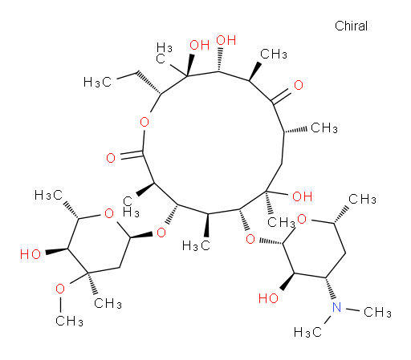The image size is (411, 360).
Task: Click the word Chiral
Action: click(351, 26)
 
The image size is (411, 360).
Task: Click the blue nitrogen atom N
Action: click(336, 307)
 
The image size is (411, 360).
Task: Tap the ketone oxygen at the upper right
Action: click(299, 85)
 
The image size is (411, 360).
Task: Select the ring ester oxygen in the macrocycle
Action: click(144, 123)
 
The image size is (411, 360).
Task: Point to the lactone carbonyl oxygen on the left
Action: click(111, 158)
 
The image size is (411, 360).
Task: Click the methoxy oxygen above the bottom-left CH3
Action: click(60, 289)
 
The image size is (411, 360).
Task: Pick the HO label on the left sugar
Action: click(31, 254)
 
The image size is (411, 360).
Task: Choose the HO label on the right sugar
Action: click(268, 298)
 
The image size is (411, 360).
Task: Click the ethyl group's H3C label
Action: click(97, 82)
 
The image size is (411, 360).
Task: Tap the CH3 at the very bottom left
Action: click(69, 321)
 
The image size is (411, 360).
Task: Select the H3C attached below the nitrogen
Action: click(307, 333)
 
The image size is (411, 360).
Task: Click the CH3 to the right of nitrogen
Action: click(377, 312)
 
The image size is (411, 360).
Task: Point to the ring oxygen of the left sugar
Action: click(109, 213)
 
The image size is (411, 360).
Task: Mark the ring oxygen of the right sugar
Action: click(302, 219)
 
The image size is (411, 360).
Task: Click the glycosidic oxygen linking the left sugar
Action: click(161, 233)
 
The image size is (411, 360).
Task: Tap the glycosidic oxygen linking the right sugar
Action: click(250, 239)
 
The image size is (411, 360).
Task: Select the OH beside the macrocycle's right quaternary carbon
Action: click(303, 196)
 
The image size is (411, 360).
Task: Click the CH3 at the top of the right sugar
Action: click(362, 200)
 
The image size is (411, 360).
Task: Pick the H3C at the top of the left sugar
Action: click(48, 196)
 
